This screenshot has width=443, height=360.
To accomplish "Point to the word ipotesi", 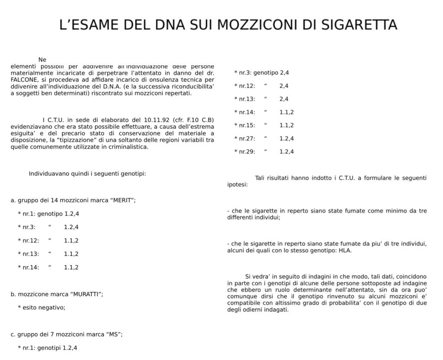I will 237,185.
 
